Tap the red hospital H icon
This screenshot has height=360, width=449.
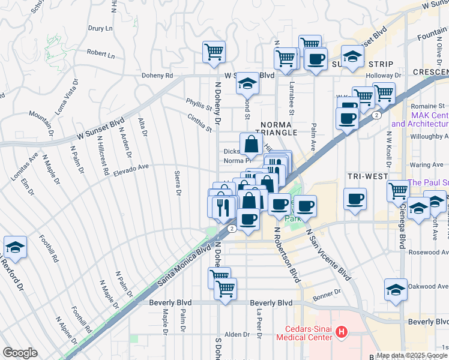pyautogui.click(x=342, y=331)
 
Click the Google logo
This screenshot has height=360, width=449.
pyautogui.click(x=20, y=353)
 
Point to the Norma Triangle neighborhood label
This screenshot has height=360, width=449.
pyautogui.click(x=280, y=128)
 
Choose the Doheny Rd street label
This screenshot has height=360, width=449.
pyautogui.click(x=157, y=76)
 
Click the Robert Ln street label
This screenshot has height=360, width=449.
pyautogui.click(x=100, y=53)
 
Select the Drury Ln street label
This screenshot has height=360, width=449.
pyautogui.click(x=101, y=28)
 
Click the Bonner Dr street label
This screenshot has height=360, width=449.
pyautogui.click(x=327, y=291)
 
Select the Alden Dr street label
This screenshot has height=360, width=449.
pyautogui.click(x=237, y=334)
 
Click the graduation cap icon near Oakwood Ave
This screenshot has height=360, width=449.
pyautogui.click(x=396, y=290)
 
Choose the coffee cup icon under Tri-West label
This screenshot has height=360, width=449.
pyautogui.click(x=355, y=199)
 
